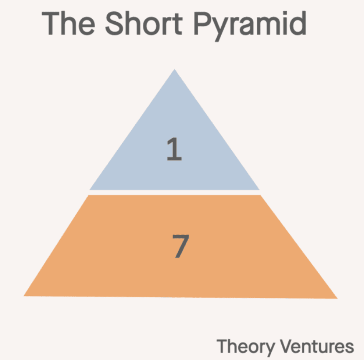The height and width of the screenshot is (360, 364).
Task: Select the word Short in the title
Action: click(x=144, y=24)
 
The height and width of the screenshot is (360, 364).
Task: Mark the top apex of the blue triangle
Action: click(x=174, y=70)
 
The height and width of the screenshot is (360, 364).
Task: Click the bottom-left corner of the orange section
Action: click(x=25, y=296)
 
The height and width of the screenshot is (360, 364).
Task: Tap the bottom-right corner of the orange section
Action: click(x=336, y=298)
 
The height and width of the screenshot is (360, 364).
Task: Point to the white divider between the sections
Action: click(x=174, y=192)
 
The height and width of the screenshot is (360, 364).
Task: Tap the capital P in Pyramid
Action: click(x=203, y=24)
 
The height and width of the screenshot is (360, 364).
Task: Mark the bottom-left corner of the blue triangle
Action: click(x=90, y=189)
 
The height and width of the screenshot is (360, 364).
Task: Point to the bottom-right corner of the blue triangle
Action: click(x=259, y=189)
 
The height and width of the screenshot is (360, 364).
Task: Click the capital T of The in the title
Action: click(x=51, y=24)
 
